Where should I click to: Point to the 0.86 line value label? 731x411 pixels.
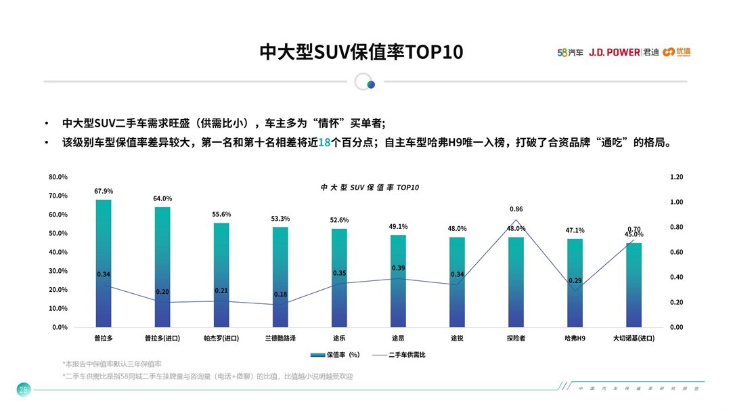pyautogui.click(x=516, y=209)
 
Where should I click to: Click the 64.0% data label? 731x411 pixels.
pyautogui.click(x=162, y=198)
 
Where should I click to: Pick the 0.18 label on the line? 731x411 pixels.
pyautogui.click(x=280, y=295)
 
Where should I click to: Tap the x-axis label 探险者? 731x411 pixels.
pyautogui.click(x=516, y=337)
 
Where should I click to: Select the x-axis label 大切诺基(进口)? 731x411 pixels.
pyautogui.click(x=634, y=337)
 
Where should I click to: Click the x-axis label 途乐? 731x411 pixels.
pyautogui.click(x=339, y=337)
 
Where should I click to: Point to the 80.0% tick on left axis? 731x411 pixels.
pyautogui.click(x=58, y=177)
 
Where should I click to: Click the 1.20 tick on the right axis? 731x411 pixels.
pyautogui.click(x=676, y=177)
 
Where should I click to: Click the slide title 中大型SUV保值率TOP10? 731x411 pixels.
pyautogui.click(x=361, y=52)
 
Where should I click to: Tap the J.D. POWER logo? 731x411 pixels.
pyautogui.click(x=614, y=52)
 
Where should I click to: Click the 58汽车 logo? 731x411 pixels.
pyautogui.click(x=570, y=52)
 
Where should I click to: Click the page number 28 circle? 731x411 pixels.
pyautogui.click(x=23, y=389)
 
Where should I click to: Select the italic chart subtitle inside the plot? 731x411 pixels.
pyautogui.click(x=370, y=187)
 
